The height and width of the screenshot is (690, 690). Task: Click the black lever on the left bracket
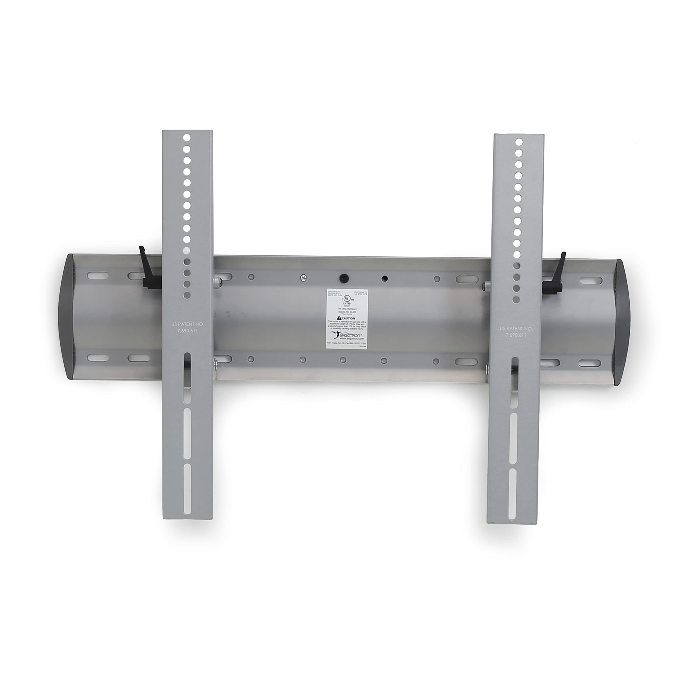147,271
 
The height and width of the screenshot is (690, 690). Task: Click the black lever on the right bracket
555,275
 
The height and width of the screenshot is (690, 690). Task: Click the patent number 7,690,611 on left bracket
188,331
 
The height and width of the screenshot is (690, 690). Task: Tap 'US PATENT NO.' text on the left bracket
188,324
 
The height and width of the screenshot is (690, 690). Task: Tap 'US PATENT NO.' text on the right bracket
516,328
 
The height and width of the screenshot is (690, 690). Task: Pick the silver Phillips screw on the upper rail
303,277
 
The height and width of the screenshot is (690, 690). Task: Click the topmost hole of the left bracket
187,137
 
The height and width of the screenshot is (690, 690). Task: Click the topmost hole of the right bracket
519,142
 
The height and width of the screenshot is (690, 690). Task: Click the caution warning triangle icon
339,318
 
